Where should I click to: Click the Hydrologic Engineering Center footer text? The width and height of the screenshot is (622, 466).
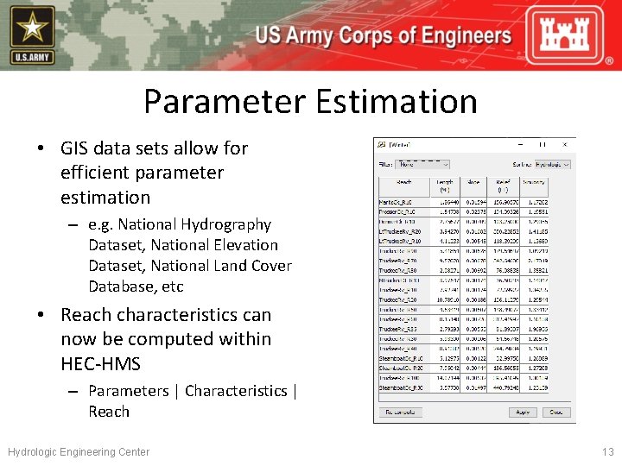pyautogui.click(x=79, y=451)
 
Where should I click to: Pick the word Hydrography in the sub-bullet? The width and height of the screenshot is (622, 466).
pyautogui.click(x=225, y=224)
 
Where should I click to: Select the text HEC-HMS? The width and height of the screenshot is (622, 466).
pyautogui.click(x=100, y=363)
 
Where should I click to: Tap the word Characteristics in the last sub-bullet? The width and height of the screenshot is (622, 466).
pyautogui.click(x=236, y=391)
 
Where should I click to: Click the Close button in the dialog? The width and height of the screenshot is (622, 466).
pyautogui.click(x=555, y=412)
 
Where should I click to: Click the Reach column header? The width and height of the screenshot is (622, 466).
pyautogui.click(x=403, y=184)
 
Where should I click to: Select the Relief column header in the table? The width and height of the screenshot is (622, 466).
pyautogui.click(x=503, y=184)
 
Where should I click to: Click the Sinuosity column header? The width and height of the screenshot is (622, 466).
pyautogui.click(x=534, y=184)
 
